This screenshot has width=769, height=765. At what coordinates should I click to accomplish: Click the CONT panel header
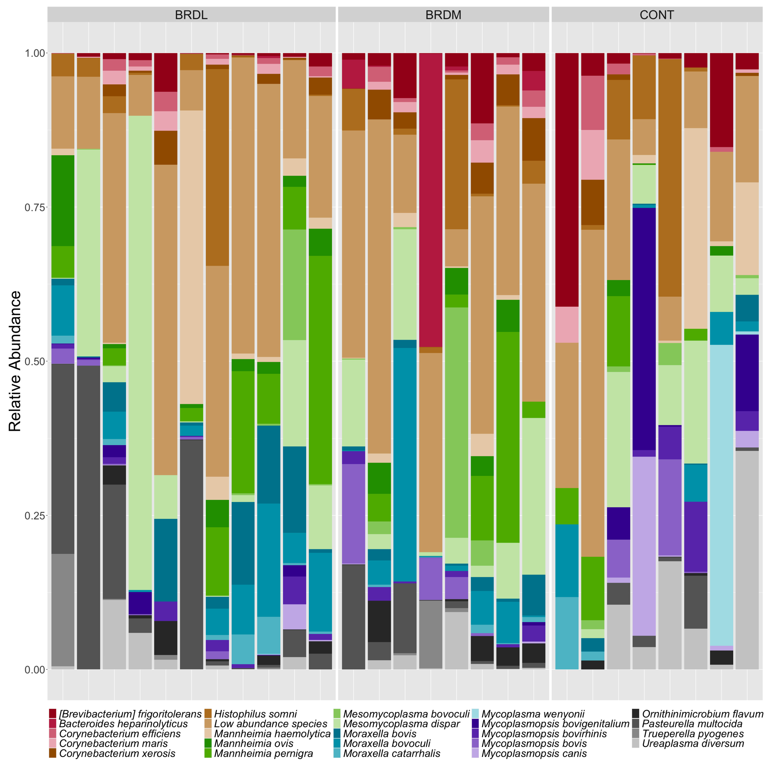pyautogui.click(x=656, y=15)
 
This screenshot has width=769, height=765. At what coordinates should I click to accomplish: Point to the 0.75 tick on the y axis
pyautogui.click(x=35, y=207)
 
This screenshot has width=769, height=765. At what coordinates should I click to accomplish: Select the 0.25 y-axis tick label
pyautogui.click(x=35, y=516)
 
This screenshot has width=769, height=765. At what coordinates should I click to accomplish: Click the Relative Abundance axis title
pyautogui.click(x=15, y=361)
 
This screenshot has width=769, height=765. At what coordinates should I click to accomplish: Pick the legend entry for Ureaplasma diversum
pyautogui.click(x=693, y=744)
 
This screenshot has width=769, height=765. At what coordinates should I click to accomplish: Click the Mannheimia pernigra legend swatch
pyautogui.click(x=208, y=753)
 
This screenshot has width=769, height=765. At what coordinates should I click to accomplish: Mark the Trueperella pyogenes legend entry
pyautogui.click(x=693, y=734)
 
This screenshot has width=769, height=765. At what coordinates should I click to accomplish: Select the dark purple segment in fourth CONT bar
pyautogui.click(x=644, y=328)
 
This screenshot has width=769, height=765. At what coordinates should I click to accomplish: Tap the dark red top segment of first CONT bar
pyautogui.click(x=567, y=179)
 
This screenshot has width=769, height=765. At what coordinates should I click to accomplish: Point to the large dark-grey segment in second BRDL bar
pyautogui.click(x=88, y=517)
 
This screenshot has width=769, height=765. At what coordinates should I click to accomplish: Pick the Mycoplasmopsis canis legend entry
pyautogui.click(x=533, y=753)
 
